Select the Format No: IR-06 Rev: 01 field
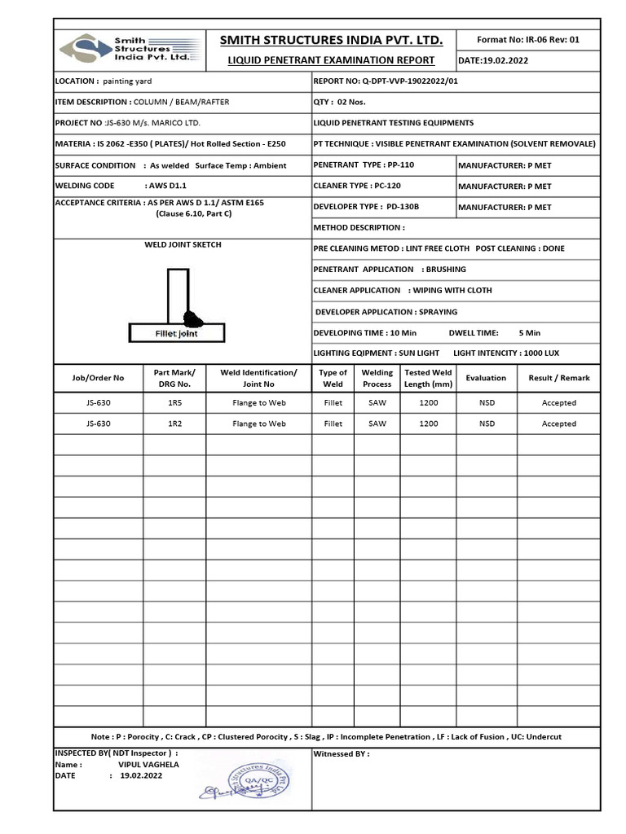pyautogui.click(x=528, y=39)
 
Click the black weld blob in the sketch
pyautogui.click(x=194, y=317)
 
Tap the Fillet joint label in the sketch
pyautogui.click(x=177, y=333)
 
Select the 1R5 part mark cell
pyautogui.click(x=174, y=402)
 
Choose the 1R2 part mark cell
pyautogui.click(x=174, y=424)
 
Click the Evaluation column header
pyautogui.click(x=486, y=378)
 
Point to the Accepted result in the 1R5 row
pyautogui.click(x=558, y=402)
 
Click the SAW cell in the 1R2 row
pyautogui.click(x=377, y=424)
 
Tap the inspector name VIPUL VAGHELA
pyautogui.click(x=148, y=765)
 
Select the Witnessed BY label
pyautogui.click(x=341, y=754)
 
